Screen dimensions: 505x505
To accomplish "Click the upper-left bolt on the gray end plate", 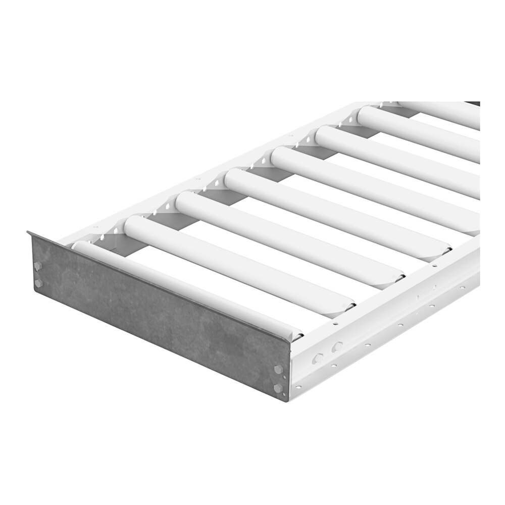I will click(38, 266).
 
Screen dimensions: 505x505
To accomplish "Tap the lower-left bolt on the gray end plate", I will click(38, 283).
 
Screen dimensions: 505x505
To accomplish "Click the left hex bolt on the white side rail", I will click(318, 359).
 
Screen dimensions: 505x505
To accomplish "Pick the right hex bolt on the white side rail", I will click(337, 346).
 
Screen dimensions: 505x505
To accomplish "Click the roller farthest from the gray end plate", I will click(444, 114).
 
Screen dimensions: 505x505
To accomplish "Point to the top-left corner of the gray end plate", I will click(28, 232).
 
